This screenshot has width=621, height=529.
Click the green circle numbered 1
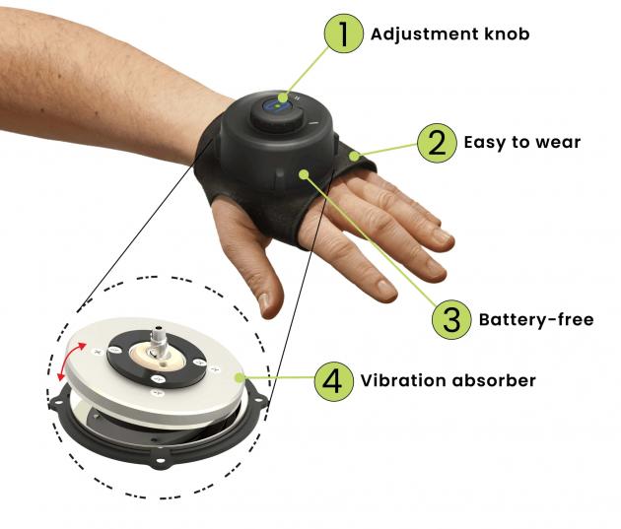tap(343, 33)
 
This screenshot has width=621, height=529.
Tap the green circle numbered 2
tap(437, 143)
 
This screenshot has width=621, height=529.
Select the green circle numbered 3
tap(451, 319)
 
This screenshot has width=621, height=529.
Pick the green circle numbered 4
tap(333, 381)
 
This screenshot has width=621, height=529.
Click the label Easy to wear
tap(522, 143)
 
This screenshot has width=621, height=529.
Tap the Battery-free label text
tap(536, 319)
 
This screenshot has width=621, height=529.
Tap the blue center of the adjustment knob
tap(277, 106)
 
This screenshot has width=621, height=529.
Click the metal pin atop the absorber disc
tap(159, 340)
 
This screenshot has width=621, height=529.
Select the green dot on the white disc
tap(239, 378)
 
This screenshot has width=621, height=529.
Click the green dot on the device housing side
tap(304, 174)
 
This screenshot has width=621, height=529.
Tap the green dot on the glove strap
tap(354, 156)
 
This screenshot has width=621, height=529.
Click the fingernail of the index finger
tap(385, 289)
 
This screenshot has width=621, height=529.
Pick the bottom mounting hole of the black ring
tap(160, 461)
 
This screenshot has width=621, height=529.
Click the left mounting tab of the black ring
tap(57, 403)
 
